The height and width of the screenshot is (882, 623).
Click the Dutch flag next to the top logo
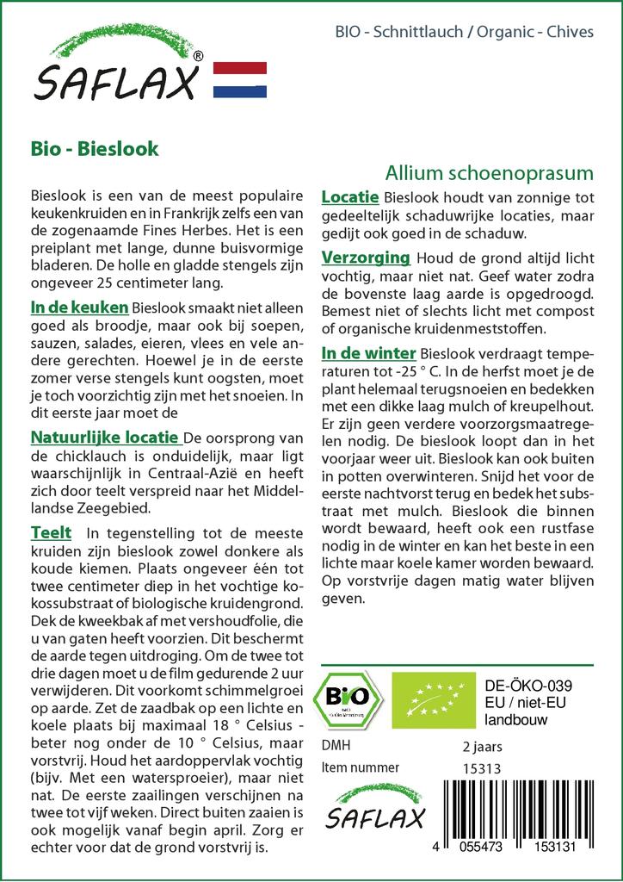239,80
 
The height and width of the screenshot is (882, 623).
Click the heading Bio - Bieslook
94,148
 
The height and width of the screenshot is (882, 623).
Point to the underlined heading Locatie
350,198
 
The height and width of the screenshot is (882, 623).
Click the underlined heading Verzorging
365,258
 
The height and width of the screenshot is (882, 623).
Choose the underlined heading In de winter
368,353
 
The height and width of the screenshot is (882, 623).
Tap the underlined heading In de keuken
79,307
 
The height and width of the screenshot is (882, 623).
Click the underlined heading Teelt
51,533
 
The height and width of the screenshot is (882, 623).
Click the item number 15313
482,769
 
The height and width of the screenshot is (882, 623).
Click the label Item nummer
360,767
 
